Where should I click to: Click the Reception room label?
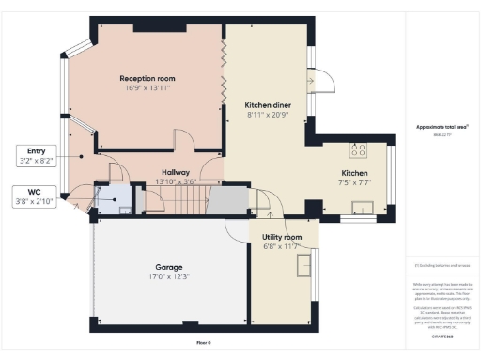click(147, 78)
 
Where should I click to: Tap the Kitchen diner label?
click(266, 105)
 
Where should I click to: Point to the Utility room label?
click(282, 236)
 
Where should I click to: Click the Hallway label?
click(176, 172)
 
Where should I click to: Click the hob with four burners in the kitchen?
click(358, 149)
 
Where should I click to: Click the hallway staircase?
click(178, 199)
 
